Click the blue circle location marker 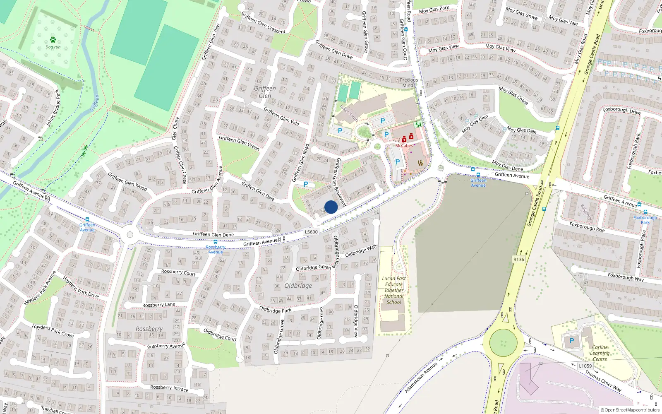point(331,207)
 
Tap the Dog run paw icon point(53,40)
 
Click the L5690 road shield point(311,232)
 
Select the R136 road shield point(518,260)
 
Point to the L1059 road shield point(585,366)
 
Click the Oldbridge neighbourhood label point(298,286)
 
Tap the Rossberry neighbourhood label point(149,329)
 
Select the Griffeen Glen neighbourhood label point(265,92)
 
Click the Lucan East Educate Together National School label point(393,290)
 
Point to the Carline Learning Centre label point(600,353)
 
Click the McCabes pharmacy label point(404,146)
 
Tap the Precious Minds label point(409,82)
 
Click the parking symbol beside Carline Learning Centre point(572,341)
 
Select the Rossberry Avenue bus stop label point(216,250)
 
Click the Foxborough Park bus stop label point(645,220)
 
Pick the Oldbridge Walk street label point(361,250)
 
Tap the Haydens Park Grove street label point(53,330)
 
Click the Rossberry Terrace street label point(169,388)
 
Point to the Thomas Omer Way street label point(603,381)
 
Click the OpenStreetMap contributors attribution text point(630,410)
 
